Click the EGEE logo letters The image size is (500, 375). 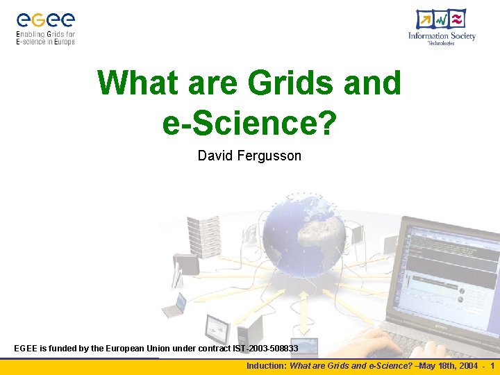(45, 20)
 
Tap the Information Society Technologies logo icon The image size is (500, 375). (441, 19)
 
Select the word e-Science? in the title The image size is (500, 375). (249, 123)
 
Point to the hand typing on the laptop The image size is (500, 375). (361, 344)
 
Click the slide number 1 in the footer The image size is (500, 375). (492, 366)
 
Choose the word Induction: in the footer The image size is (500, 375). (267, 366)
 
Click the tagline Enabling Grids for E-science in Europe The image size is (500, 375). (45, 37)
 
